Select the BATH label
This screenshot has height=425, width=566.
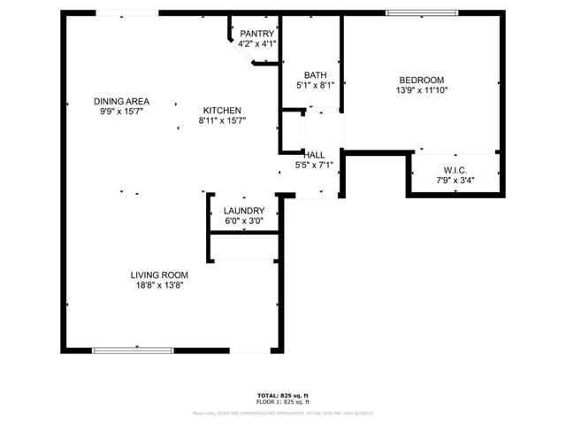[x=314, y=75]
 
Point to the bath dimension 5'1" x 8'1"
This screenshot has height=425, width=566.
[x=314, y=86]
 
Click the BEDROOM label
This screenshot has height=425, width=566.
[x=420, y=80]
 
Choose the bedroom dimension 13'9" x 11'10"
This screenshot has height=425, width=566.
[x=420, y=90]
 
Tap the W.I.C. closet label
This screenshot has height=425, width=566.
[x=455, y=170]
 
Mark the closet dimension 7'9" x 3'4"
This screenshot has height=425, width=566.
[x=455, y=181]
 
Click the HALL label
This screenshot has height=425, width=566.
[x=314, y=154]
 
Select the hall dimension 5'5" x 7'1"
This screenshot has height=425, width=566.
[x=314, y=165]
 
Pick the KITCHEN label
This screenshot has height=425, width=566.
[x=220, y=110]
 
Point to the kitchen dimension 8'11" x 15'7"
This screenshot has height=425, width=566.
[x=220, y=120]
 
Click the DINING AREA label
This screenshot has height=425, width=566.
[x=120, y=101]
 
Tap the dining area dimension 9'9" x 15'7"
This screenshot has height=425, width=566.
[x=120, y=112]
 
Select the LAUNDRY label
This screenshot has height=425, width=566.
[x=244, y=211]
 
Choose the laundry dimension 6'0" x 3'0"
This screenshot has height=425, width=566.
[x=244, y=221]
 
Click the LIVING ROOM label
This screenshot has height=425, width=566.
[x=159, y=274]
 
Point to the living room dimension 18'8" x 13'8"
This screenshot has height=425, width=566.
[x=159, y=285]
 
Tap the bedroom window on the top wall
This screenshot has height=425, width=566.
[x=422, y=12]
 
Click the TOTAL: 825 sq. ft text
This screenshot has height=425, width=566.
[x=283, y=395]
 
